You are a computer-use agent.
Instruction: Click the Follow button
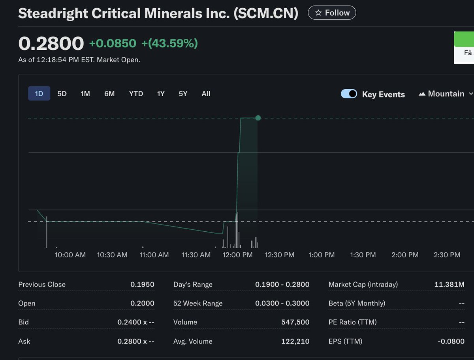(x=332, y=13)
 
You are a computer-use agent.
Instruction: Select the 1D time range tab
(x=39, y=94)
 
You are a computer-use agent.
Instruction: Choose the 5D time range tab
(x=62, y=94)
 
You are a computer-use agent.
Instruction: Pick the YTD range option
(x=136, y=94)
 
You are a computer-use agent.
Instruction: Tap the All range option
(x=206, y=94)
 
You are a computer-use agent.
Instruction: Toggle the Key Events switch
(x=349, y=94)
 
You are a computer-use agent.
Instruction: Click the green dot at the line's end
(x=258, y=118)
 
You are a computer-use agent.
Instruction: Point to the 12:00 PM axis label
(x=237, y=255)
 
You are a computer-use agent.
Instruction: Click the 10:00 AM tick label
(x=70, y=255)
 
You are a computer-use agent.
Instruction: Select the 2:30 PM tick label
(x=447, y=255)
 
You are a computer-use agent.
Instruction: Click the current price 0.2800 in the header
(x=51, y=43)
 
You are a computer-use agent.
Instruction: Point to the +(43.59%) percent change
(x=169, y=43)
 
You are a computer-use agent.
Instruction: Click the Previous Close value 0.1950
(x=142, y=285)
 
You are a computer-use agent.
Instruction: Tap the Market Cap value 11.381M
(x=449, y=285)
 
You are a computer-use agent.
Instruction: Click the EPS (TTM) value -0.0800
(x=451, y=341)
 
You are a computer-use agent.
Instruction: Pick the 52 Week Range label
(x=198, y=304)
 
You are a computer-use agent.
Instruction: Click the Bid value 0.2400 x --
(x=135, y=322)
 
